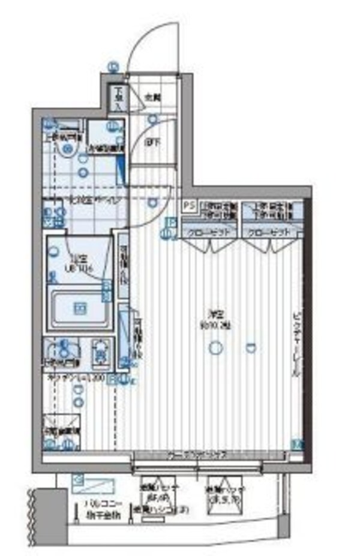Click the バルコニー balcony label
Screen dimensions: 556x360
point(94,504)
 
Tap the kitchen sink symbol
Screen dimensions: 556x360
point(61,353)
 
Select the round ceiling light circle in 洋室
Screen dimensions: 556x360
point(215,347)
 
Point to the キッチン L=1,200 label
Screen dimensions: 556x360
point(74,378)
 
